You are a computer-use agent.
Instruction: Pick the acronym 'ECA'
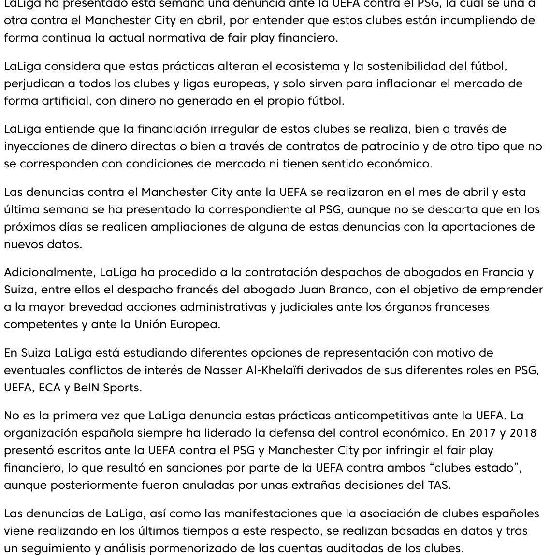(49, 388)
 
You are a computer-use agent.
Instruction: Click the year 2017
(483, 433)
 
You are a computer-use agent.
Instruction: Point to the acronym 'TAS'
(438, 485)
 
